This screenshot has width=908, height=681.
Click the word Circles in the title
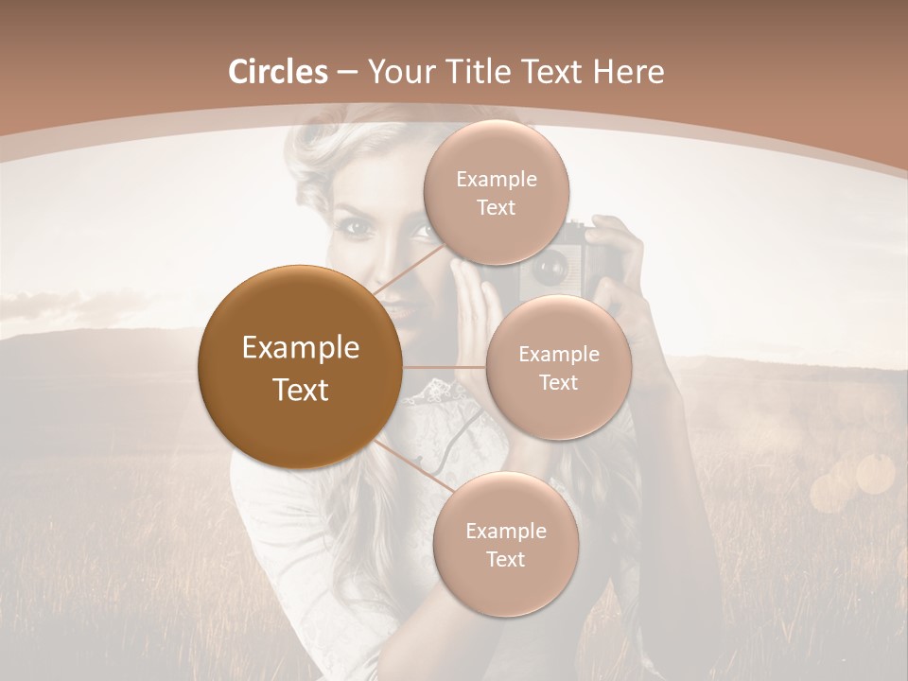pyautogui.click(x=278, y=72)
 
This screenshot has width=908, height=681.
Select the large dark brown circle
pyautogui.click(x=300, y=367)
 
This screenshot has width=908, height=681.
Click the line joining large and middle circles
pyautogui.click(x=445, y=368)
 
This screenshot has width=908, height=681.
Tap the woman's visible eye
pyautogui.click(x=356, y=227)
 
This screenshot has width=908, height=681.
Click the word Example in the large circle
pyautogui.click(x=300, y=348)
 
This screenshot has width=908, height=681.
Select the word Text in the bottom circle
pyautogui.click(x=505, y=559)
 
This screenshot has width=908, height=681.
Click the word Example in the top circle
pyautogui.click(x=496, y=180)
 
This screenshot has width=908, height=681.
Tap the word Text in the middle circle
pyautogui.click(x=558, y=382)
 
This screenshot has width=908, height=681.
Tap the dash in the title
pyautogui.click(x=346, y=73)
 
